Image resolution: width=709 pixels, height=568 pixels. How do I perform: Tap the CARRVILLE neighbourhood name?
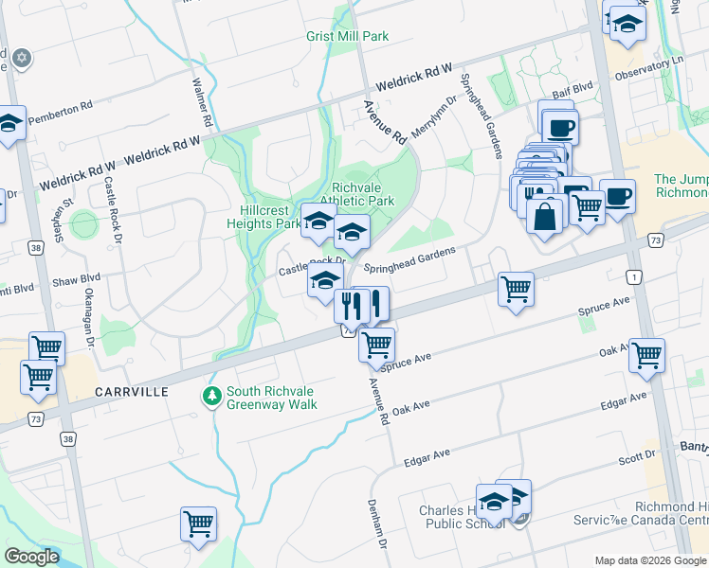coord(132,391)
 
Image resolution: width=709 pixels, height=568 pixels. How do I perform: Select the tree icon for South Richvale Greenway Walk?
coord(212,394)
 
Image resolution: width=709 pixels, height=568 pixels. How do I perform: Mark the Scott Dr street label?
coord(637,457)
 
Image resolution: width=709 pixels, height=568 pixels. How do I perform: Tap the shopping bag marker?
coord(545,218)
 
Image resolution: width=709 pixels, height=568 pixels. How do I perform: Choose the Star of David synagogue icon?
coord(21,59)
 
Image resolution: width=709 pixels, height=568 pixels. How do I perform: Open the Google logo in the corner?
coord(32,557)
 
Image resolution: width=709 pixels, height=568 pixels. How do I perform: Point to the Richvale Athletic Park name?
coord(363,194)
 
